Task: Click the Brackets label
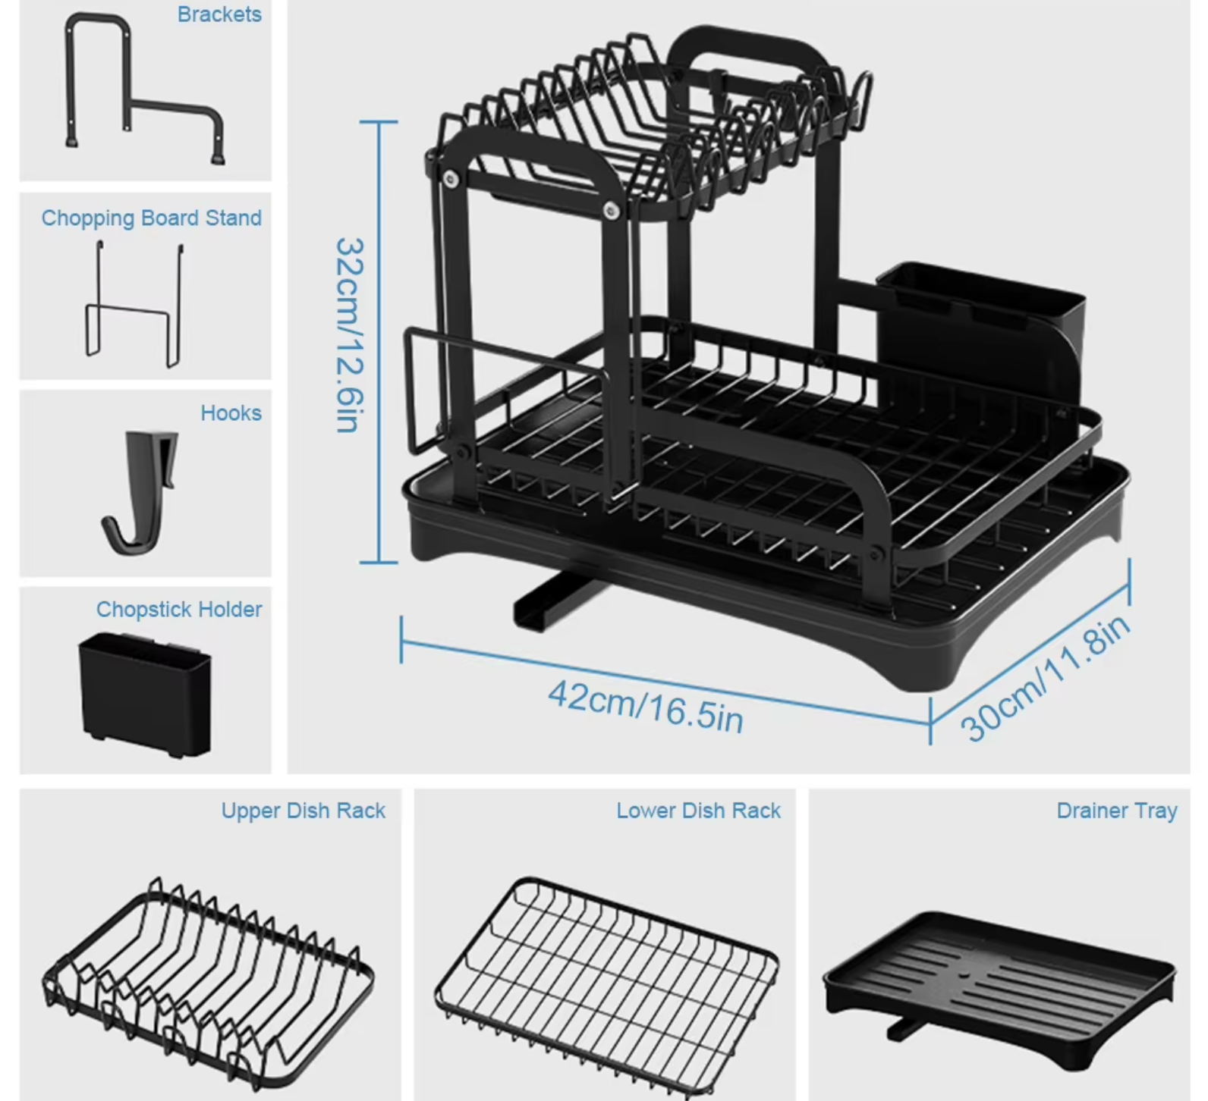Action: pos(219,14)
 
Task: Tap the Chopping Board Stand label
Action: pos(151,218)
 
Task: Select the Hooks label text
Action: pos(231,413)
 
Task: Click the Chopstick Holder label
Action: pos(179,610)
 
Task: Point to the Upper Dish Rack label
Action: pos(304,811)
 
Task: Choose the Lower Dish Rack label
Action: pos(698,811)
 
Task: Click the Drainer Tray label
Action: pos(1116,811)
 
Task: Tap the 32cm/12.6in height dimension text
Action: pos(350,335)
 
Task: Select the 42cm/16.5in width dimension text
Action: pos(646,706)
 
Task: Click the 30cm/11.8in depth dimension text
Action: pos(1045,677)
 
